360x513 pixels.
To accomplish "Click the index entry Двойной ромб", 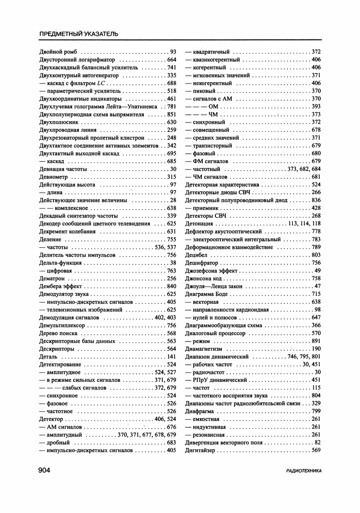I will [59, 52].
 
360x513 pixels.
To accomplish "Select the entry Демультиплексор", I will [63, 325].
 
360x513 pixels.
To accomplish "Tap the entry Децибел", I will [196, 255].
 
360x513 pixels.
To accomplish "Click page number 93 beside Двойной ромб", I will [173, 52].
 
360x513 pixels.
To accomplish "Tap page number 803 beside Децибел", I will [316, 255].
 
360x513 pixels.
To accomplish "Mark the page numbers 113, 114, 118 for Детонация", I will [304, 224].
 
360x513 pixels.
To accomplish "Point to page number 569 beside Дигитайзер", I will [316, 450].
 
